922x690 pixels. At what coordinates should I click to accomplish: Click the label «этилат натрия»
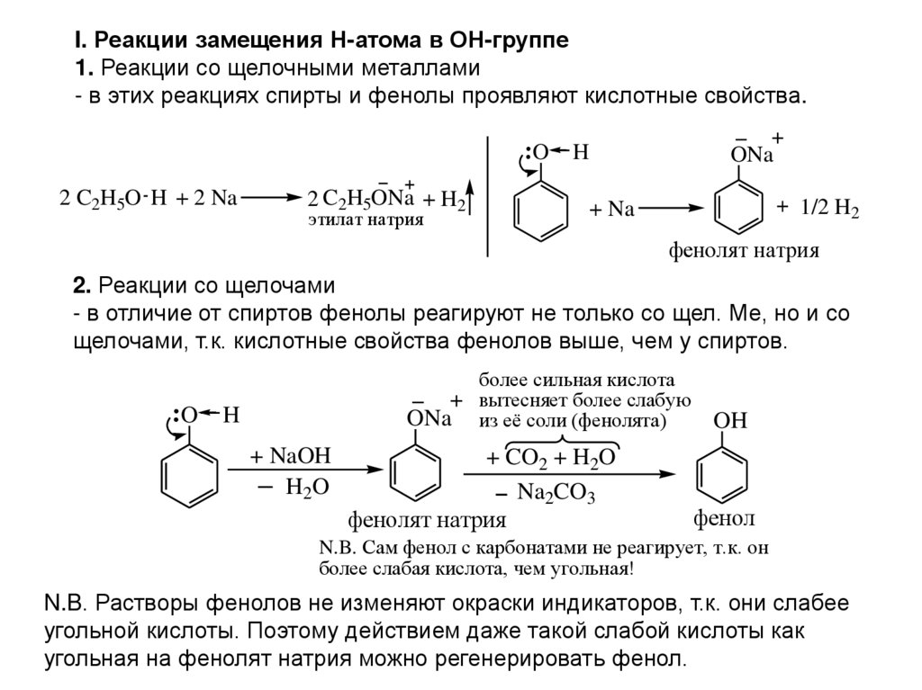point(365,220)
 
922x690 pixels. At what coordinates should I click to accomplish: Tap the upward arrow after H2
point(472,199)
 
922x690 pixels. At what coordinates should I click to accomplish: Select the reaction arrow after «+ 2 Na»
point(271,198)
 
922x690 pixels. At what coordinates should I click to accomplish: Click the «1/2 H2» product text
point(829,209)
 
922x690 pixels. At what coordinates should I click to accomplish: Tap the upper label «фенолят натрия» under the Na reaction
point(743,251)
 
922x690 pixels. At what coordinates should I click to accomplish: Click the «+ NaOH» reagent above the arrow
point(291,456)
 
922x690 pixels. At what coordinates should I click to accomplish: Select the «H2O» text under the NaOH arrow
point(307,487)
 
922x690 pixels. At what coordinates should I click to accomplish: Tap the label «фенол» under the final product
point(723,519)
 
